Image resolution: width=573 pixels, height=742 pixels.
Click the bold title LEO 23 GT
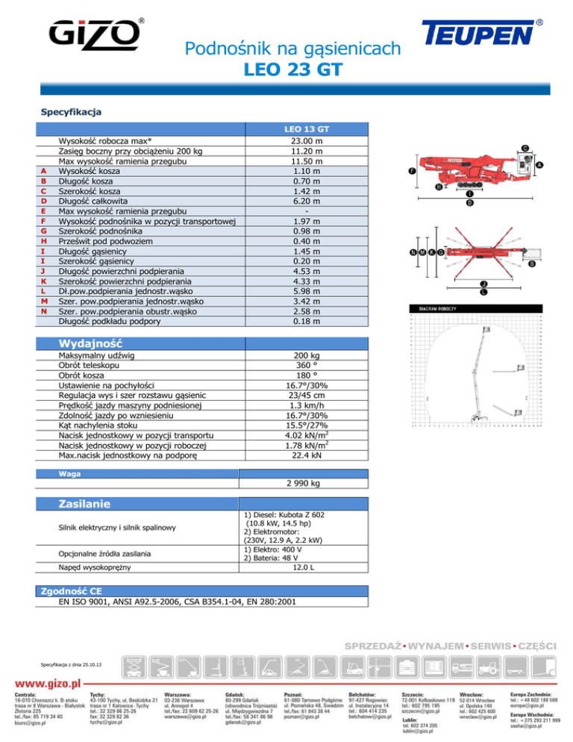coord(292,71)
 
